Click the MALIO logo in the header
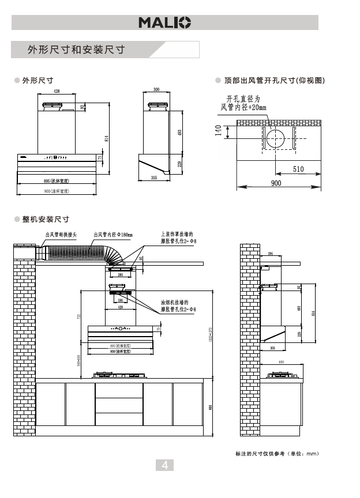(164, 22)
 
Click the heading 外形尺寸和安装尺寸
(76, 50)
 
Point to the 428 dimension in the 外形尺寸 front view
(57, 92)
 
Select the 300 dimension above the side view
(156, 89)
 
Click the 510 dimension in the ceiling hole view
(298, 169)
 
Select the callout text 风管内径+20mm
(243, 108)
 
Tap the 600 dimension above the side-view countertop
(281, 362)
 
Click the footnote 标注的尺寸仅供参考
(277, 454)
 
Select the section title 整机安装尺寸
(46, 220)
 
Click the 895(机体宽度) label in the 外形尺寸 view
(57, 181)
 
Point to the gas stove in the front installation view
(119, 375)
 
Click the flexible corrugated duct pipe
(81, 254)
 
